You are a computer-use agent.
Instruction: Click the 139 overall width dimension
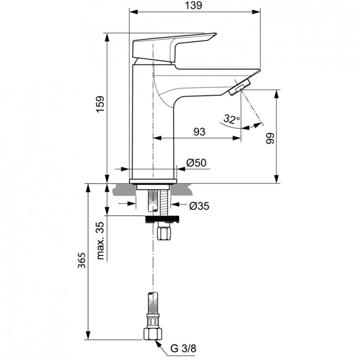coord(194,5)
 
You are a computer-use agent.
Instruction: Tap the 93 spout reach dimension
coord(200,131)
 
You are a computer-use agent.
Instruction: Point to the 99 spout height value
coord(270,138)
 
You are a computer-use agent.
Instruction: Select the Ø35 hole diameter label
coord(199,206)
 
